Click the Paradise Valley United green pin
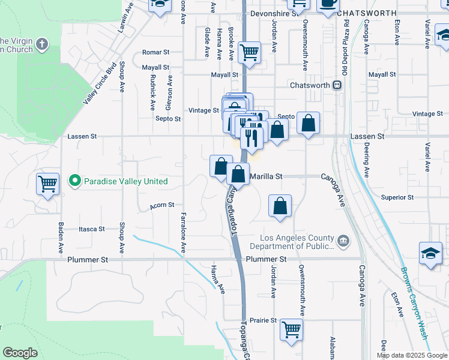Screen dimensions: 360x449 click(74, 181)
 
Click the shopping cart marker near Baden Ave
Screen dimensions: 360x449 click(48, 184)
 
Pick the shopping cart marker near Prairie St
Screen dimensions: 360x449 click(291, 329)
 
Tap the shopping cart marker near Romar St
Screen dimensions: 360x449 click(249, 52)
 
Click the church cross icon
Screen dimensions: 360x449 click(41, 44)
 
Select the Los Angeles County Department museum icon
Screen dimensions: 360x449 click(343, 241)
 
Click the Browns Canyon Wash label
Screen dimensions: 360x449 click(414, 304)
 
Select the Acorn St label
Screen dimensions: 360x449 click(163, 205)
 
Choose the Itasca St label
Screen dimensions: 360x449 click(92, 229)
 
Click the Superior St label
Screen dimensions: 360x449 click(397, 197)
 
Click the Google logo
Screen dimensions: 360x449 click(20, 353)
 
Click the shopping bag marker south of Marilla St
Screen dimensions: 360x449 click(280, 206)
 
